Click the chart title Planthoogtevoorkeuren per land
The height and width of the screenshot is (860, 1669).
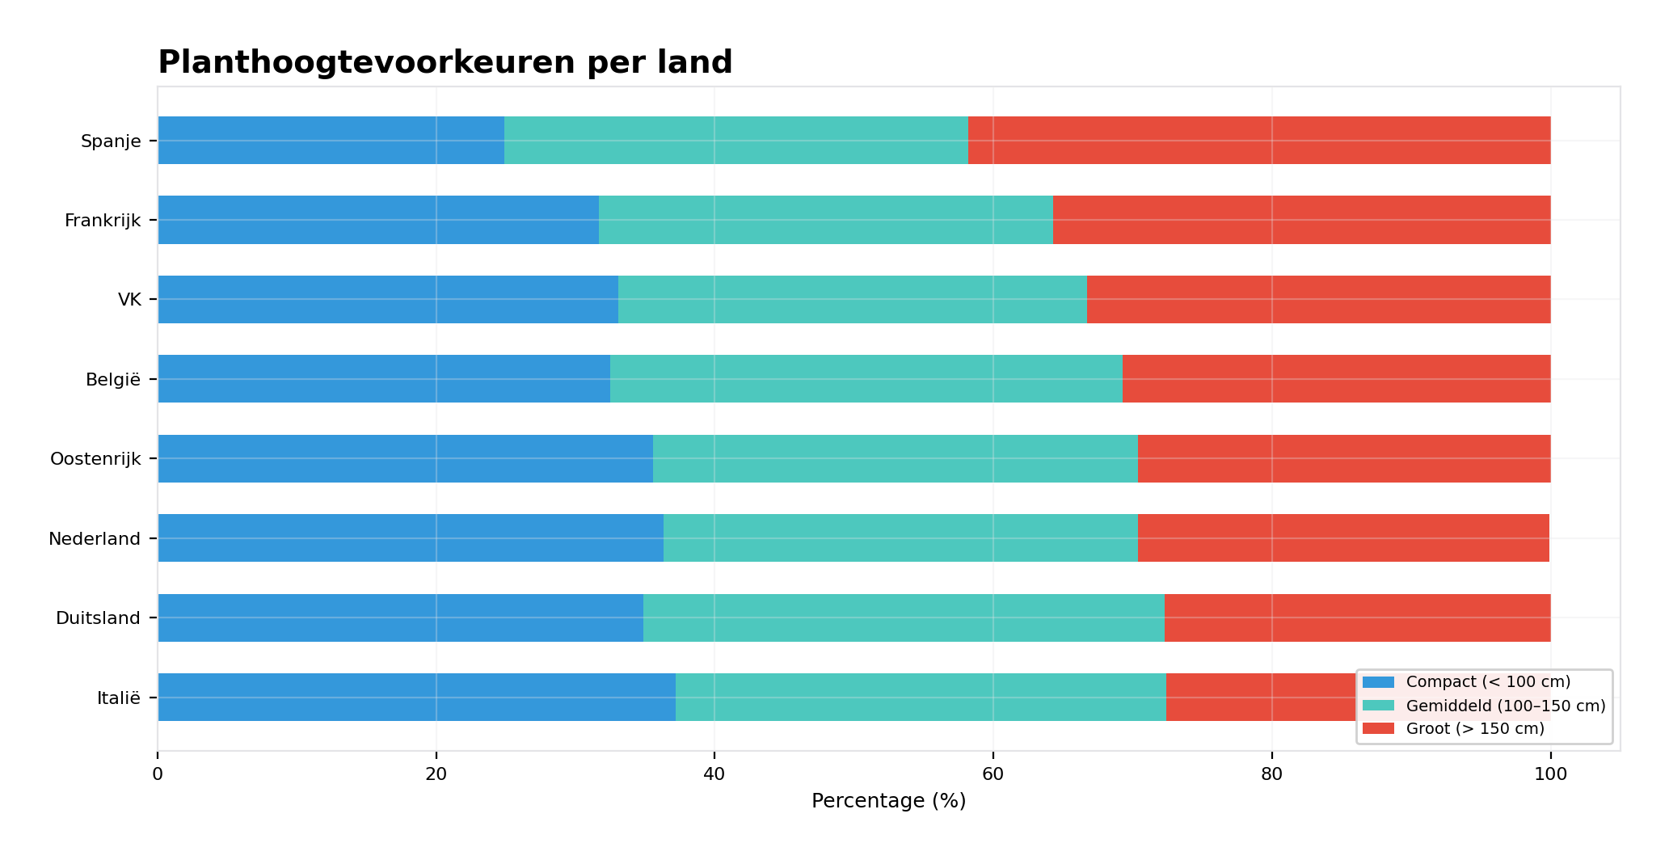coord(445,62)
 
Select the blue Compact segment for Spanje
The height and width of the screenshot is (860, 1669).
coord(331,141)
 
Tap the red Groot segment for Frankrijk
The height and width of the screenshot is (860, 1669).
coord(1301,220)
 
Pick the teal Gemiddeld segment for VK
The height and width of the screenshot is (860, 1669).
coord(852,299)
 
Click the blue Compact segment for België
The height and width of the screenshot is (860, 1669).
coord(384,378)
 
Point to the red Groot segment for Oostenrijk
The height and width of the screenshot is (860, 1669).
coord(1343,458)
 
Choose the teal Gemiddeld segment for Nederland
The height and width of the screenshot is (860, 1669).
coord(900,537)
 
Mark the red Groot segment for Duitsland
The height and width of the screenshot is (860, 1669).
coord(1357,618)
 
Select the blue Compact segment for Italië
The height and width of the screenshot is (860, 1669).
coord(416,697)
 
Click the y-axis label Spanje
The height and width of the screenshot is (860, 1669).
coord(111,141)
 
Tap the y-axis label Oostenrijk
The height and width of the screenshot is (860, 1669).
coord(95,459)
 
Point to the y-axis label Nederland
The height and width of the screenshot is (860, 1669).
coord(95,538)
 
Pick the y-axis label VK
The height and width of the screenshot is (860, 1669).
coord(129,300)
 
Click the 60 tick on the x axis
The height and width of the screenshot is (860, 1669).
coord(993,774)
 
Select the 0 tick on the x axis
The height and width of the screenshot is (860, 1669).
coord(158,774)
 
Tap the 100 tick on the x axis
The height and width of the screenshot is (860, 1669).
coord(1549,774)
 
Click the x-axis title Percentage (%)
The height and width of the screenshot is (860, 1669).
coord(888,801)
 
